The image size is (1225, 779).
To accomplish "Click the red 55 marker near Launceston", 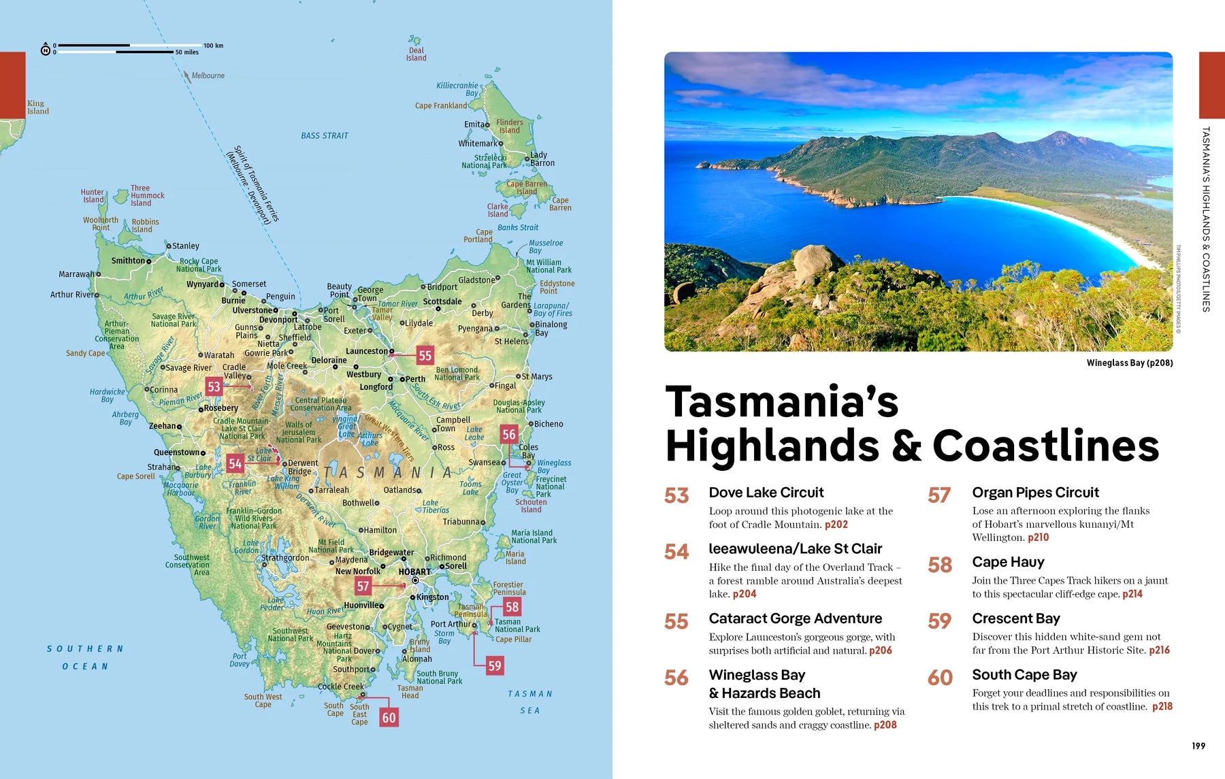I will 425,355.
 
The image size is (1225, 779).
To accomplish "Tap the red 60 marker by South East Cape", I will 389,717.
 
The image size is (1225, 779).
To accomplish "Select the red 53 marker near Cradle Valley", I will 214,386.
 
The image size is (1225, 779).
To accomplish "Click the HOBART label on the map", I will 414,571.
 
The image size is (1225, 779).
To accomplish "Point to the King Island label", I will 37,107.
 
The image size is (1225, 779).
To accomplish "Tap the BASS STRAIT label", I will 324,136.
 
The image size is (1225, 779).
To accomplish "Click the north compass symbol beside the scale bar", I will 46,50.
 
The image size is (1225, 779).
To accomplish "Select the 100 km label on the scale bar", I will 213,46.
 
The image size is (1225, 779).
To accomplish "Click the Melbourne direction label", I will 208,76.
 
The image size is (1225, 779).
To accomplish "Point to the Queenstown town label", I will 176,452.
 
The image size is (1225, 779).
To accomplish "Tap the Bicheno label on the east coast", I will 549,424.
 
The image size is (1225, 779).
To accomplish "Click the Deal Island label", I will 416,54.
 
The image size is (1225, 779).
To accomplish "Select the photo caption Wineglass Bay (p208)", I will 1129,363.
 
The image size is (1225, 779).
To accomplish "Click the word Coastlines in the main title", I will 1045,446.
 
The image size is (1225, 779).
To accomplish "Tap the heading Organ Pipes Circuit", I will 1035,492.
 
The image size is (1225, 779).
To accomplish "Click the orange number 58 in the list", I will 939,565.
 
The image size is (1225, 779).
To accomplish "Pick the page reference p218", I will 1162,706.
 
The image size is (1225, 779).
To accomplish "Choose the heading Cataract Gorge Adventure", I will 795,618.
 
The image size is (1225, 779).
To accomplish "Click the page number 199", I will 1198,746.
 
